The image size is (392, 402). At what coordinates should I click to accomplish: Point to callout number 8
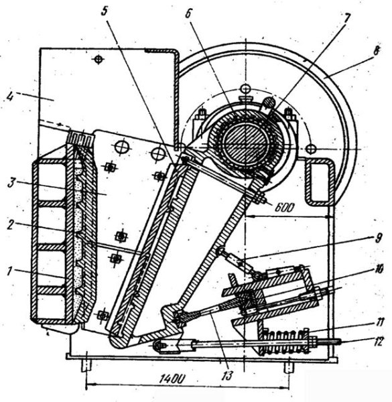[x=375, y=50]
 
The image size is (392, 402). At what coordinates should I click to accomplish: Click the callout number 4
[x=10, y=96]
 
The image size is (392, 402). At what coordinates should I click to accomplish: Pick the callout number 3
[x=11, y=182]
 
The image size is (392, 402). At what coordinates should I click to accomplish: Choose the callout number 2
[x=10, y=225]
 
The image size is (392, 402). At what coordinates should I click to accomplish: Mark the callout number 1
[x=10, y=271]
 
